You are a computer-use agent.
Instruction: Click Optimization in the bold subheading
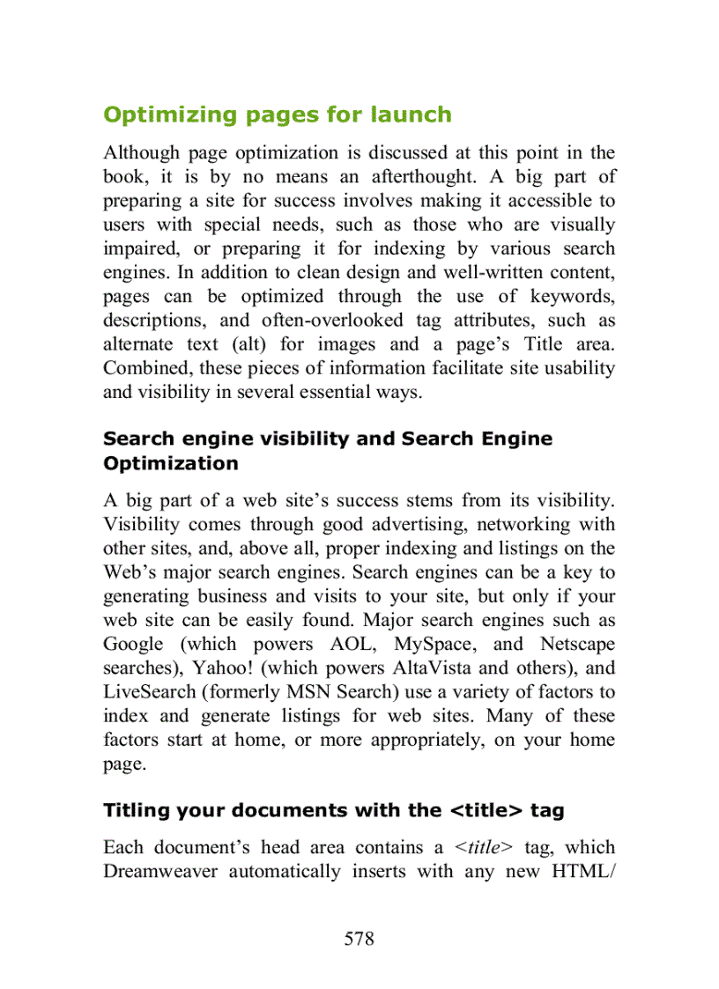pyautogui.click(x=171, y=463)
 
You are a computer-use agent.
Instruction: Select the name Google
pyautogui.click(x=133, y=645)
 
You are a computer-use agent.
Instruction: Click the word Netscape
pyautogui.click(x=577, y=645)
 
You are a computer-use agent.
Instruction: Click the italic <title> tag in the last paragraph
pyautogui.click(x=484, y=848)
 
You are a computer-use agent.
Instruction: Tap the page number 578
pyautogui.click(x=359, y=939)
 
